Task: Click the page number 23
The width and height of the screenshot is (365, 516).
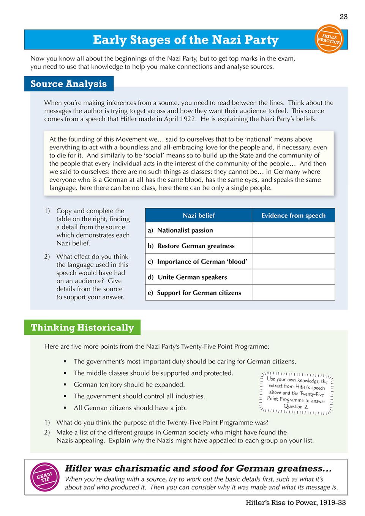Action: click(343, 17)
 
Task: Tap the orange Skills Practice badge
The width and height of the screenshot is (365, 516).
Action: click(329, 39)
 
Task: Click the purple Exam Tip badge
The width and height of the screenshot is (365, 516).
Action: click(45, 477)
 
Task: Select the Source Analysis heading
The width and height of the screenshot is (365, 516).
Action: click(69, 84)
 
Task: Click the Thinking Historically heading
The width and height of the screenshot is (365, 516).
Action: click(82, 327)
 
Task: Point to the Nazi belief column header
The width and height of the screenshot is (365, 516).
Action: click(199, 216)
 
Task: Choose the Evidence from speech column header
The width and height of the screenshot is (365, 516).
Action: click(293, 216)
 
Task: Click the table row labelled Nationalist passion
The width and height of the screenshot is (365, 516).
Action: click(185, 230)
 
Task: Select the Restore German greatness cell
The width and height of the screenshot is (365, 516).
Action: click(196, 246)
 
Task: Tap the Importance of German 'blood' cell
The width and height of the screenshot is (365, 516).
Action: click(202, 261)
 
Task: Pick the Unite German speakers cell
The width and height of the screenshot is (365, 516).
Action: click(192, 277)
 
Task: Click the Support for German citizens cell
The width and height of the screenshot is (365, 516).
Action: click(199, 293)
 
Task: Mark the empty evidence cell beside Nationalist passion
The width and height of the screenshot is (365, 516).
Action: click(293, 230)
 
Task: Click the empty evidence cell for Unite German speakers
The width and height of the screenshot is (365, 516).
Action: click(293, 277)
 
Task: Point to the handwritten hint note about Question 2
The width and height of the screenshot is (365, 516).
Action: click(296, 393)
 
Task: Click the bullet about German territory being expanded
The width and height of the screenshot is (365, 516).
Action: click(129, 385)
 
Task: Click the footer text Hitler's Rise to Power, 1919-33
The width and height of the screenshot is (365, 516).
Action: click(295, 503)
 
